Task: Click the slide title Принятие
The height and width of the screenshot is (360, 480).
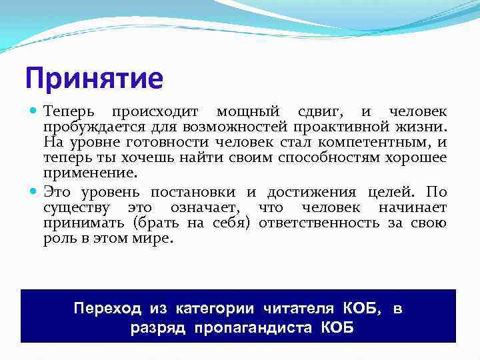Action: point(93,78)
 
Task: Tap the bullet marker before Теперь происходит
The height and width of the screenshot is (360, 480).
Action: point(35,111)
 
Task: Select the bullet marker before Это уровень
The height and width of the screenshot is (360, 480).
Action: point(35,193)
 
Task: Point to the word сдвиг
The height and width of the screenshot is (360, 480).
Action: point(319,112)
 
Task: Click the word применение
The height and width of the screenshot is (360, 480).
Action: point(90,173)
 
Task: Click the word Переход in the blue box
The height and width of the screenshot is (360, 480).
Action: point(107,308)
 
